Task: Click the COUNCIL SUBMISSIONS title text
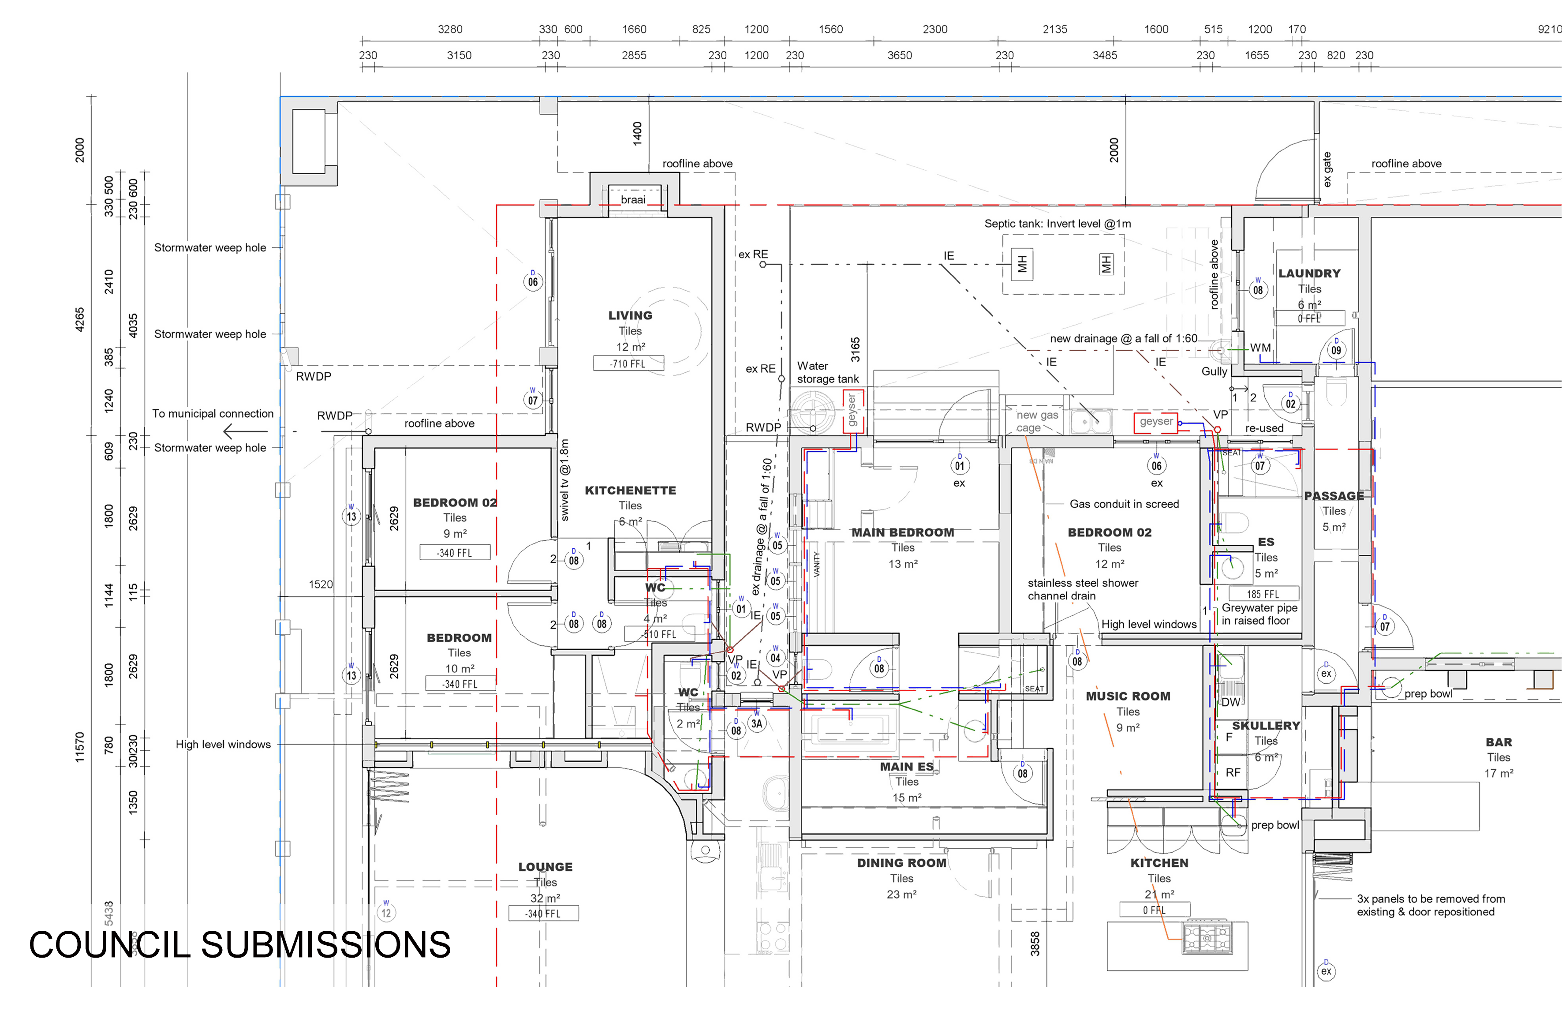tap(239, 945)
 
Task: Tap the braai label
tap(633, 199)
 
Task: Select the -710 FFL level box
tap(628, 363)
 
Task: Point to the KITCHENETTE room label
tap(630, 491)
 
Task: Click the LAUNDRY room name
tap(1309, 273)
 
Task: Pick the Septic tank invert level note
tap(1058, 224)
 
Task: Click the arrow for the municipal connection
tap(245, 431)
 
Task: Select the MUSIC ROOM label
tap(1128, 696)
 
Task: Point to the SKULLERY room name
tap(1265, 726)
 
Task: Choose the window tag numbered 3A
tap(757, 723)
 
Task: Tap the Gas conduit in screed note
tap(1124, 504)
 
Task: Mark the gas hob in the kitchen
tap(1207, 937)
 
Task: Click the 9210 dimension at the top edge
tap(1550, 29)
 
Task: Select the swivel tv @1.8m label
tap(564, 480)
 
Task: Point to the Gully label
tap(1214, 371)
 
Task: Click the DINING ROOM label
tap(901, 863)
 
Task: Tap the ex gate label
tap(1327, 169)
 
